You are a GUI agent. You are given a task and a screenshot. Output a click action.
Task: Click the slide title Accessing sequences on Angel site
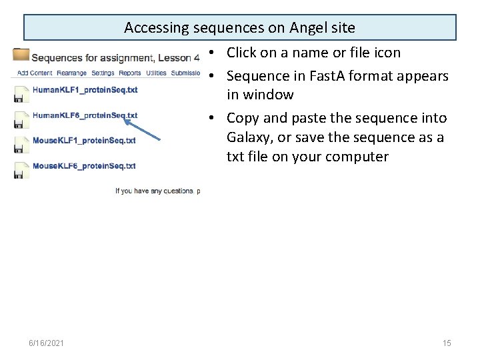click(x=239, y=28)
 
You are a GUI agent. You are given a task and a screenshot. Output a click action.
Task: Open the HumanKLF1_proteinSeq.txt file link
click(x=85, y=89)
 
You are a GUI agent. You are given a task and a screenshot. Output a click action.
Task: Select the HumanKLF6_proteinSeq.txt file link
click(x=85, y=115)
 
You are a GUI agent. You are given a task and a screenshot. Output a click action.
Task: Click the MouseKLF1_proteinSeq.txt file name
click(x=84, y=141)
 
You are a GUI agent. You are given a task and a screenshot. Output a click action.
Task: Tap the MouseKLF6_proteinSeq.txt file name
click(x=84, y=166)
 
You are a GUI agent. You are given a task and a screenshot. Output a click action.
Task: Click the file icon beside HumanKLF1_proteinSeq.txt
click(x=20, y=94)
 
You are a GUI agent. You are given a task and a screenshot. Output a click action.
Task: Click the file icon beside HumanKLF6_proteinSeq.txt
click(x=20, y=120)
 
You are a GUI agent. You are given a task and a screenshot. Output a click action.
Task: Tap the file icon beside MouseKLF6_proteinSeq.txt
click(x=20, y=171)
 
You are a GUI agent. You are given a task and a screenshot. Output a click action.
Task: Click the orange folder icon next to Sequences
click(x=21, y=55)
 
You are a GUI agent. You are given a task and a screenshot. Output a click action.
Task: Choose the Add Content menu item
click(x=35, y=73)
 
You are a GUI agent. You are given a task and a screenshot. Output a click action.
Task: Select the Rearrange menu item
click(x=71, y=73)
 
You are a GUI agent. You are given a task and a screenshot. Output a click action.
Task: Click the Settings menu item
click(x=103, y=73)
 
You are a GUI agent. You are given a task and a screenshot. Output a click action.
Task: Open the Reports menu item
click(x=130, y=73)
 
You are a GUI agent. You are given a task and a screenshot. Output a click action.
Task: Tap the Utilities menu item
click(x=156, y=73)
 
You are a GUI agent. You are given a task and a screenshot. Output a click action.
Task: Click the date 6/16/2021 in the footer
click(x=47, y=343)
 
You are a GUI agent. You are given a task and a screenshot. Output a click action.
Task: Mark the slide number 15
click(x=447, y=343)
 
